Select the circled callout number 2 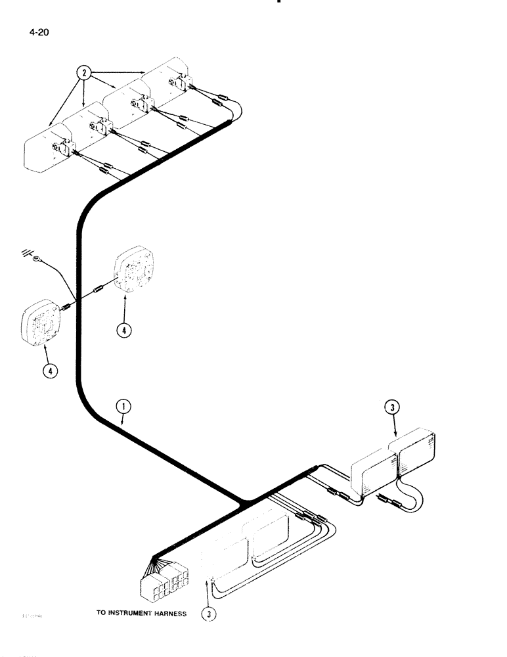pos(84,74)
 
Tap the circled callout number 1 pos(123,409)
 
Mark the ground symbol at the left pos(26,252)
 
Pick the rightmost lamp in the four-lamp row pos(171,82)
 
